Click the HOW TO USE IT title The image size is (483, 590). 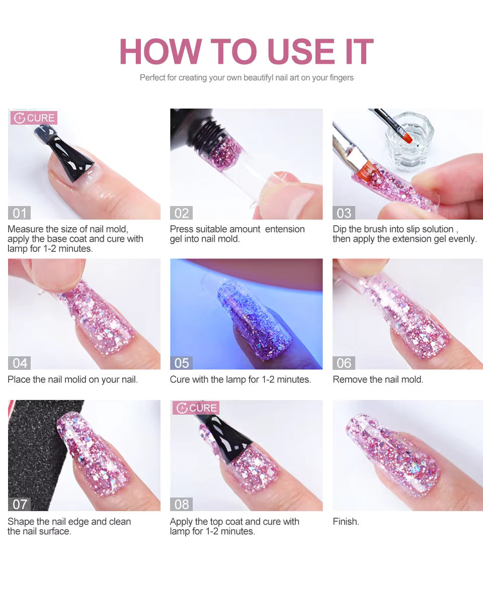[x=246, y=51]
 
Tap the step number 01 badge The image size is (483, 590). [x=20, y=213]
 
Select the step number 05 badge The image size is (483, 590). [x=182, y=363]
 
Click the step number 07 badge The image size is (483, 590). [x=20, y=504]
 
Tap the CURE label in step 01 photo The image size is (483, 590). [x=34, y=118]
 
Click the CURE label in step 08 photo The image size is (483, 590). [x=196, y=408]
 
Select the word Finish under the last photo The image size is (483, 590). [x=346, y=522]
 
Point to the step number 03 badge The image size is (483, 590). [x=344, y=213]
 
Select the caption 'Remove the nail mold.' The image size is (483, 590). [x=378, y=379]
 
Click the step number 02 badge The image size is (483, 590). [x=182, y=213]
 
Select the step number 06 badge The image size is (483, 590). [x=344, y=363]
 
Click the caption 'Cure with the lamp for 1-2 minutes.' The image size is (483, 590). [x=240, y=379]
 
